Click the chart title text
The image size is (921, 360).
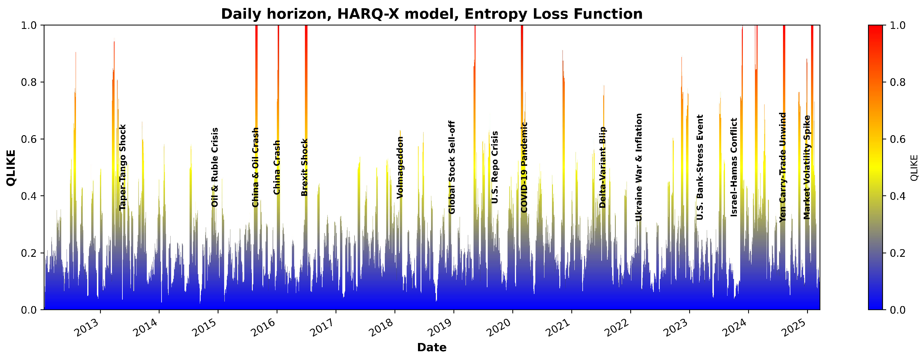tap(432, 14)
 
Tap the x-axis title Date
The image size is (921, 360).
tap(432, 348)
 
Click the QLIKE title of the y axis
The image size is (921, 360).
tap(11, 167)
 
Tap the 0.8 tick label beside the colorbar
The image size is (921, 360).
tap(897, 82)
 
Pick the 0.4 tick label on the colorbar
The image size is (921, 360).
tap(897, 196)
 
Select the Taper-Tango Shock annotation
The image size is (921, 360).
tap(123, 167)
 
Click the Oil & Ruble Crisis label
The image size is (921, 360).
tap(215, 167)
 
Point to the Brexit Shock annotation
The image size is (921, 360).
tap(304, 167)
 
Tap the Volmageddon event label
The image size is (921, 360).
tap(400, 167)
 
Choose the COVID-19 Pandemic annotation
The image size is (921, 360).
tap(524, 167)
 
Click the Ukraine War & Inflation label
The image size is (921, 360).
tap(639, 167)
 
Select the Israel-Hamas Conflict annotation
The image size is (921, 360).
tap(734, 167)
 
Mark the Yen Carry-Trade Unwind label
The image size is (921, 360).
tap(783, 167)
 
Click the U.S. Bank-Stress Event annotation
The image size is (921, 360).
tap(700, 167)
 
